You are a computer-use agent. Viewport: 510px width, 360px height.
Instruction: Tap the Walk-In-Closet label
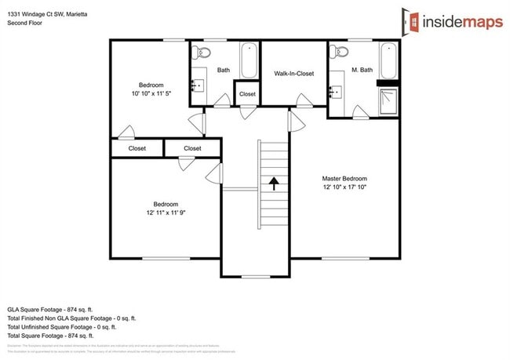pos(294,74)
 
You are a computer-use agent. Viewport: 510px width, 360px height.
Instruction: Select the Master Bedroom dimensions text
pos(344,187)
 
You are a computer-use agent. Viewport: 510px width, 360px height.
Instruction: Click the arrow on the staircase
pos(274,184)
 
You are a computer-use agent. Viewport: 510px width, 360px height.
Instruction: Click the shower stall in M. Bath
pos(388,100)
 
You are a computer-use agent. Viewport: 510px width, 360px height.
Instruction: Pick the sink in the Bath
pos(197,84)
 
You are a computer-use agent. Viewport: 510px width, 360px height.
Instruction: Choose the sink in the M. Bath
pos(335,89)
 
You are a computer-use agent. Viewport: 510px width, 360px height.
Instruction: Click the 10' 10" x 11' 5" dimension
pos(151,94)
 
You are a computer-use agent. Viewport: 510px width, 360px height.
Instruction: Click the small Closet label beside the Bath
pos(247,94)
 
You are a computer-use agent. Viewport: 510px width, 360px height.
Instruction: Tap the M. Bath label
pos(362,70)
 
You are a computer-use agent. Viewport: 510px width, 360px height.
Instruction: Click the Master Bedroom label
pos(344,178)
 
